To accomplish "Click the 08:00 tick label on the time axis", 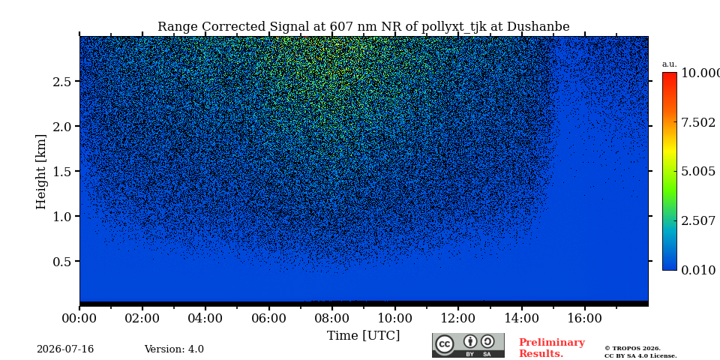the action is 331,318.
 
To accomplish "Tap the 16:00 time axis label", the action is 584,318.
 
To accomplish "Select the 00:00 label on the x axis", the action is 79,318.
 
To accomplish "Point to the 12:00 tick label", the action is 458,318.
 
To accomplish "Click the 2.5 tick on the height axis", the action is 62,82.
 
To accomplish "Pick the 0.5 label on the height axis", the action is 62,261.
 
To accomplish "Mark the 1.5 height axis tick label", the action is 62,171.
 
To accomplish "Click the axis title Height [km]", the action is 41,172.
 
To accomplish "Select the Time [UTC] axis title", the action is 363,336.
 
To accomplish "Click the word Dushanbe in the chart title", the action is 538,27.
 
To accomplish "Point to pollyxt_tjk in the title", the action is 448,27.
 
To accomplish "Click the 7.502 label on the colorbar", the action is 698,122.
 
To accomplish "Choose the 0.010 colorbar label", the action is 698,270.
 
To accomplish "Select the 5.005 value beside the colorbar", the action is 698,172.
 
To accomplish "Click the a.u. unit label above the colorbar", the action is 670,64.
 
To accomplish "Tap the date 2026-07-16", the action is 65,349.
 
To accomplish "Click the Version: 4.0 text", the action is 174,349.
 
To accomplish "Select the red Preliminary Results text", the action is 551,348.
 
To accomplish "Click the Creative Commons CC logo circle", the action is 445,345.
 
